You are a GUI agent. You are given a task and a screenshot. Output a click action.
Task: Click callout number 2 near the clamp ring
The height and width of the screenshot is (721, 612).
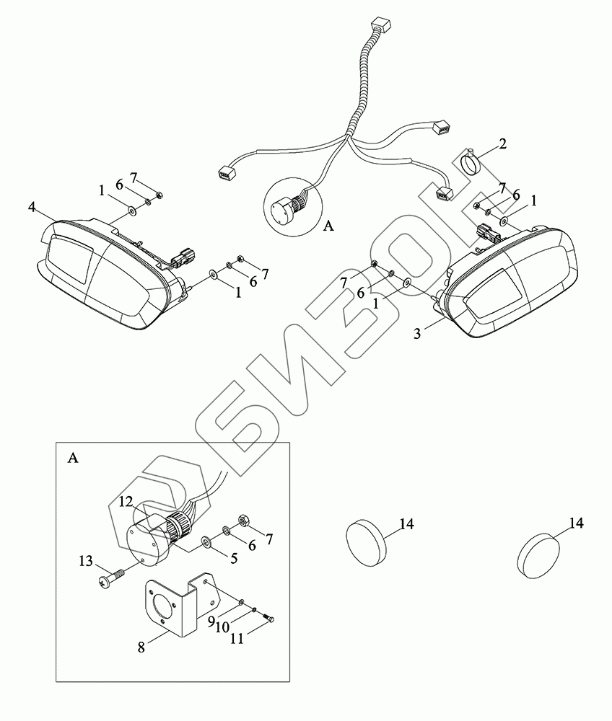pyautogui.click(x=502, y=143)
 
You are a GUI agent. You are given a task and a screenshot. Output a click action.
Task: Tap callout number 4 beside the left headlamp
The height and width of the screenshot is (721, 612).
pyautogui.click(x=32, y=207)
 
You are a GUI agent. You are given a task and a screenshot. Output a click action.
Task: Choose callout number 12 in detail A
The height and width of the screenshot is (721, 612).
pyautogui.click(x=126, y=501)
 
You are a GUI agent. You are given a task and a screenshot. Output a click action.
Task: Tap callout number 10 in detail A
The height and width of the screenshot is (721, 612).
pyautogui.click(x=222, y=627)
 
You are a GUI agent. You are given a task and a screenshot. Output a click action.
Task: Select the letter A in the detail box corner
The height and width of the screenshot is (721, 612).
pyautogui.click(x=71, y=457)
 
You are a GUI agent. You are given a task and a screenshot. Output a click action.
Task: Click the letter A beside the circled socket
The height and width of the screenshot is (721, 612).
pyautogui.click(x=328, y=226)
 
